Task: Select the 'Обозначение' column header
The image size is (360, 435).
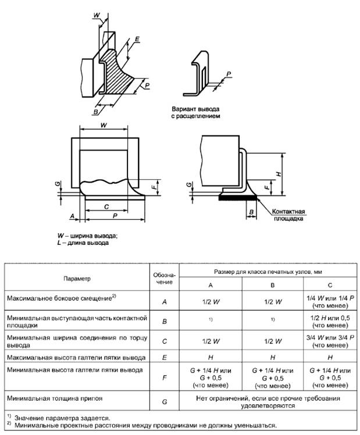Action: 164,278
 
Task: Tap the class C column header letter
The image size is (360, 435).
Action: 330,286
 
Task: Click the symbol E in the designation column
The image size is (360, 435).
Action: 164,356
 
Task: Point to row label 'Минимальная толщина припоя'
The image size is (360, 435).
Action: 51,400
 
